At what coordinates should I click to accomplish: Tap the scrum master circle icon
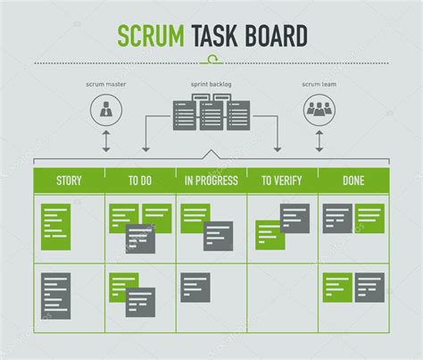coord(106,112)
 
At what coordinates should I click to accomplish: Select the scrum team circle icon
coord(317,112)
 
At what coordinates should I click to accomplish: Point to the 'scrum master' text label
coord(106,86)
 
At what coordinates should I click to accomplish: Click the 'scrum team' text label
coord(318,86)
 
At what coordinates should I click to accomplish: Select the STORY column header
coord(69,180)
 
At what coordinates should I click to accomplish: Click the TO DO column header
coord(140,180)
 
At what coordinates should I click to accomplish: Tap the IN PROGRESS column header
coord(211,180)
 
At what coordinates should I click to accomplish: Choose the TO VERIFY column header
coord(282,180)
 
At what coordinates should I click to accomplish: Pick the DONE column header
coord(353,180)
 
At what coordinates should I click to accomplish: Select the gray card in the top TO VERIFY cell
coord(295,217)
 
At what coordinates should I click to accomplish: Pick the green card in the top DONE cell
coord(369,217)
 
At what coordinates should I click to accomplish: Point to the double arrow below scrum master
coord(106,141)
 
